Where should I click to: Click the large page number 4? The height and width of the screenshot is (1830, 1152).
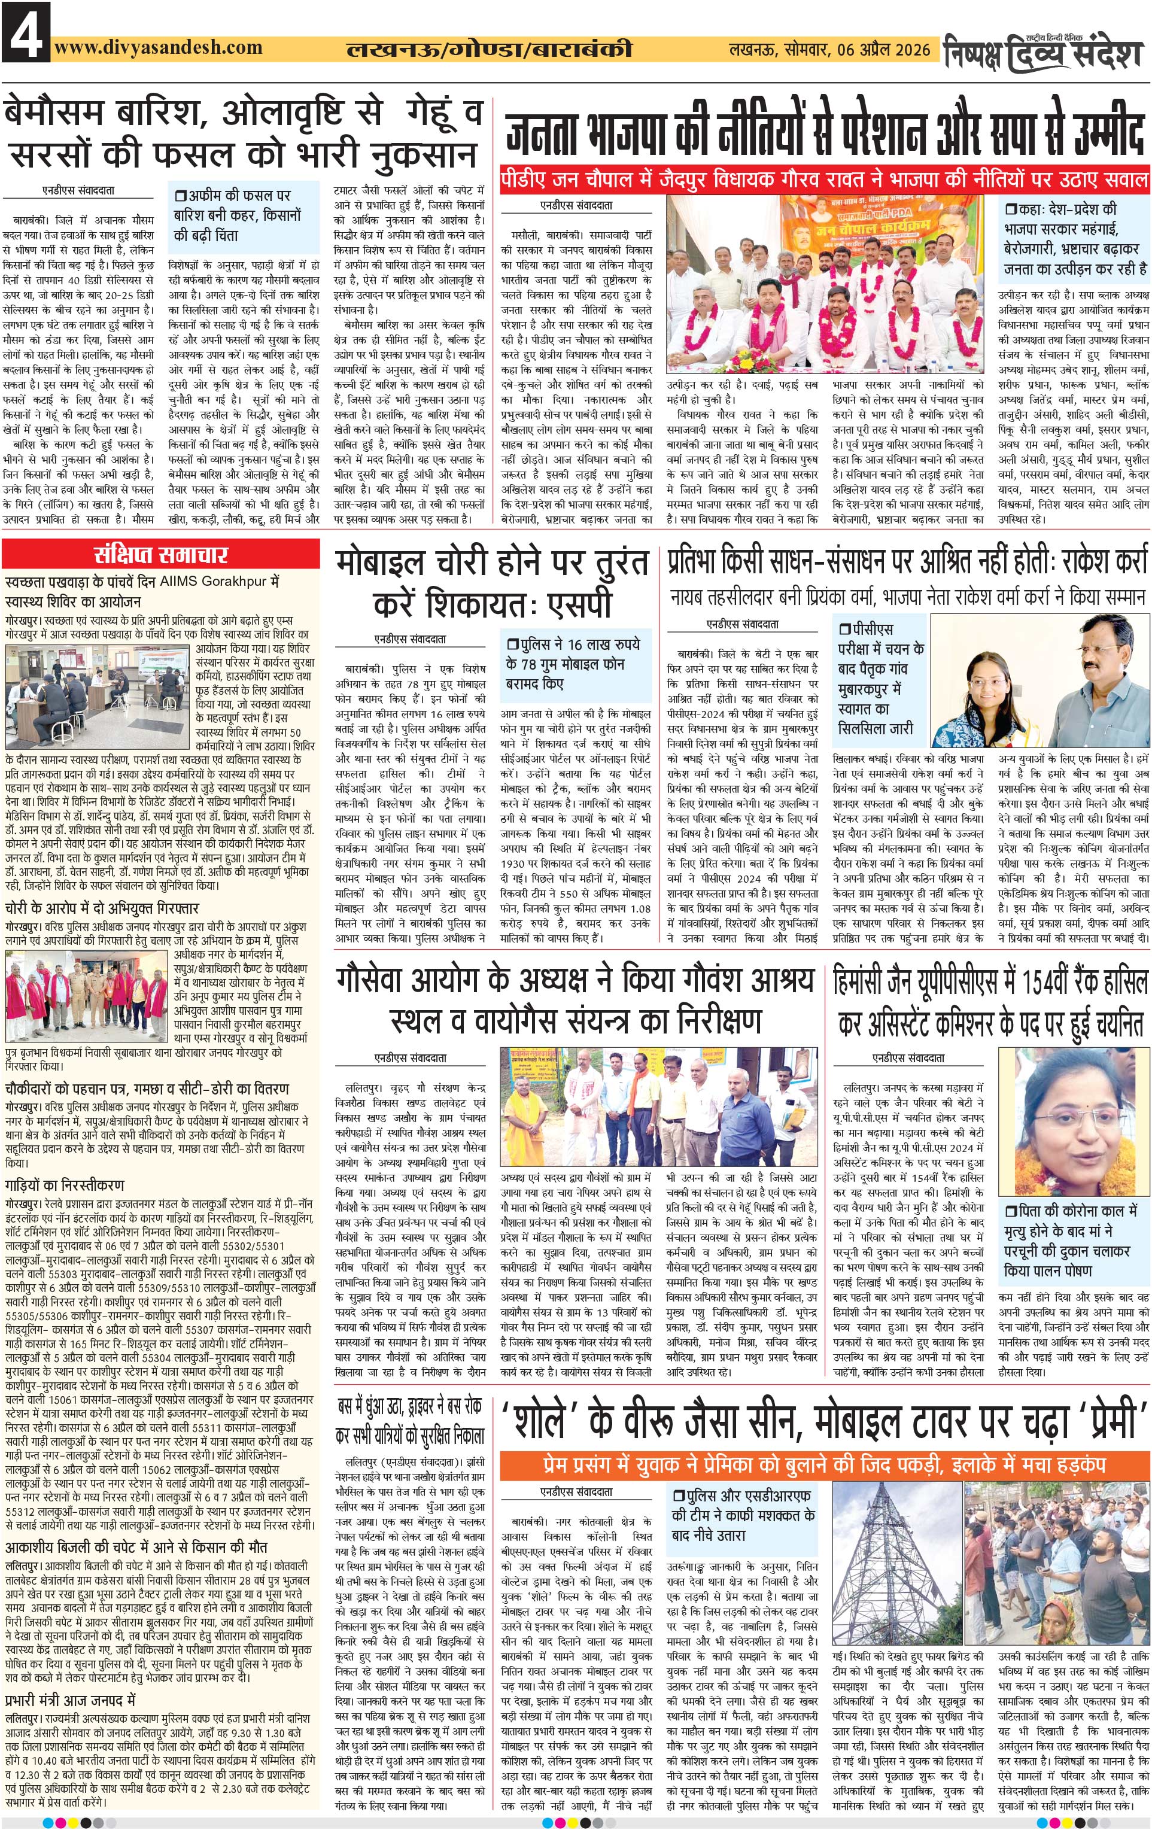[x=25, y=31]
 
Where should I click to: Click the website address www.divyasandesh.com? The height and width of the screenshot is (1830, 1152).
[x=158, y=47]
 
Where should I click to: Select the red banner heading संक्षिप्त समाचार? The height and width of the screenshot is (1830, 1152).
[x=160, y=554]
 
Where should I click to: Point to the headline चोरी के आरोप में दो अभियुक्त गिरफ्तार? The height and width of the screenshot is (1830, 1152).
[x=102, y=908]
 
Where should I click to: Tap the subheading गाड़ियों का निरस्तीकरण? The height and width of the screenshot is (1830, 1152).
[x=65, y=1184]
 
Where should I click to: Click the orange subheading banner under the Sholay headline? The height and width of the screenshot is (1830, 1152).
[x=825, y=1463]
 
